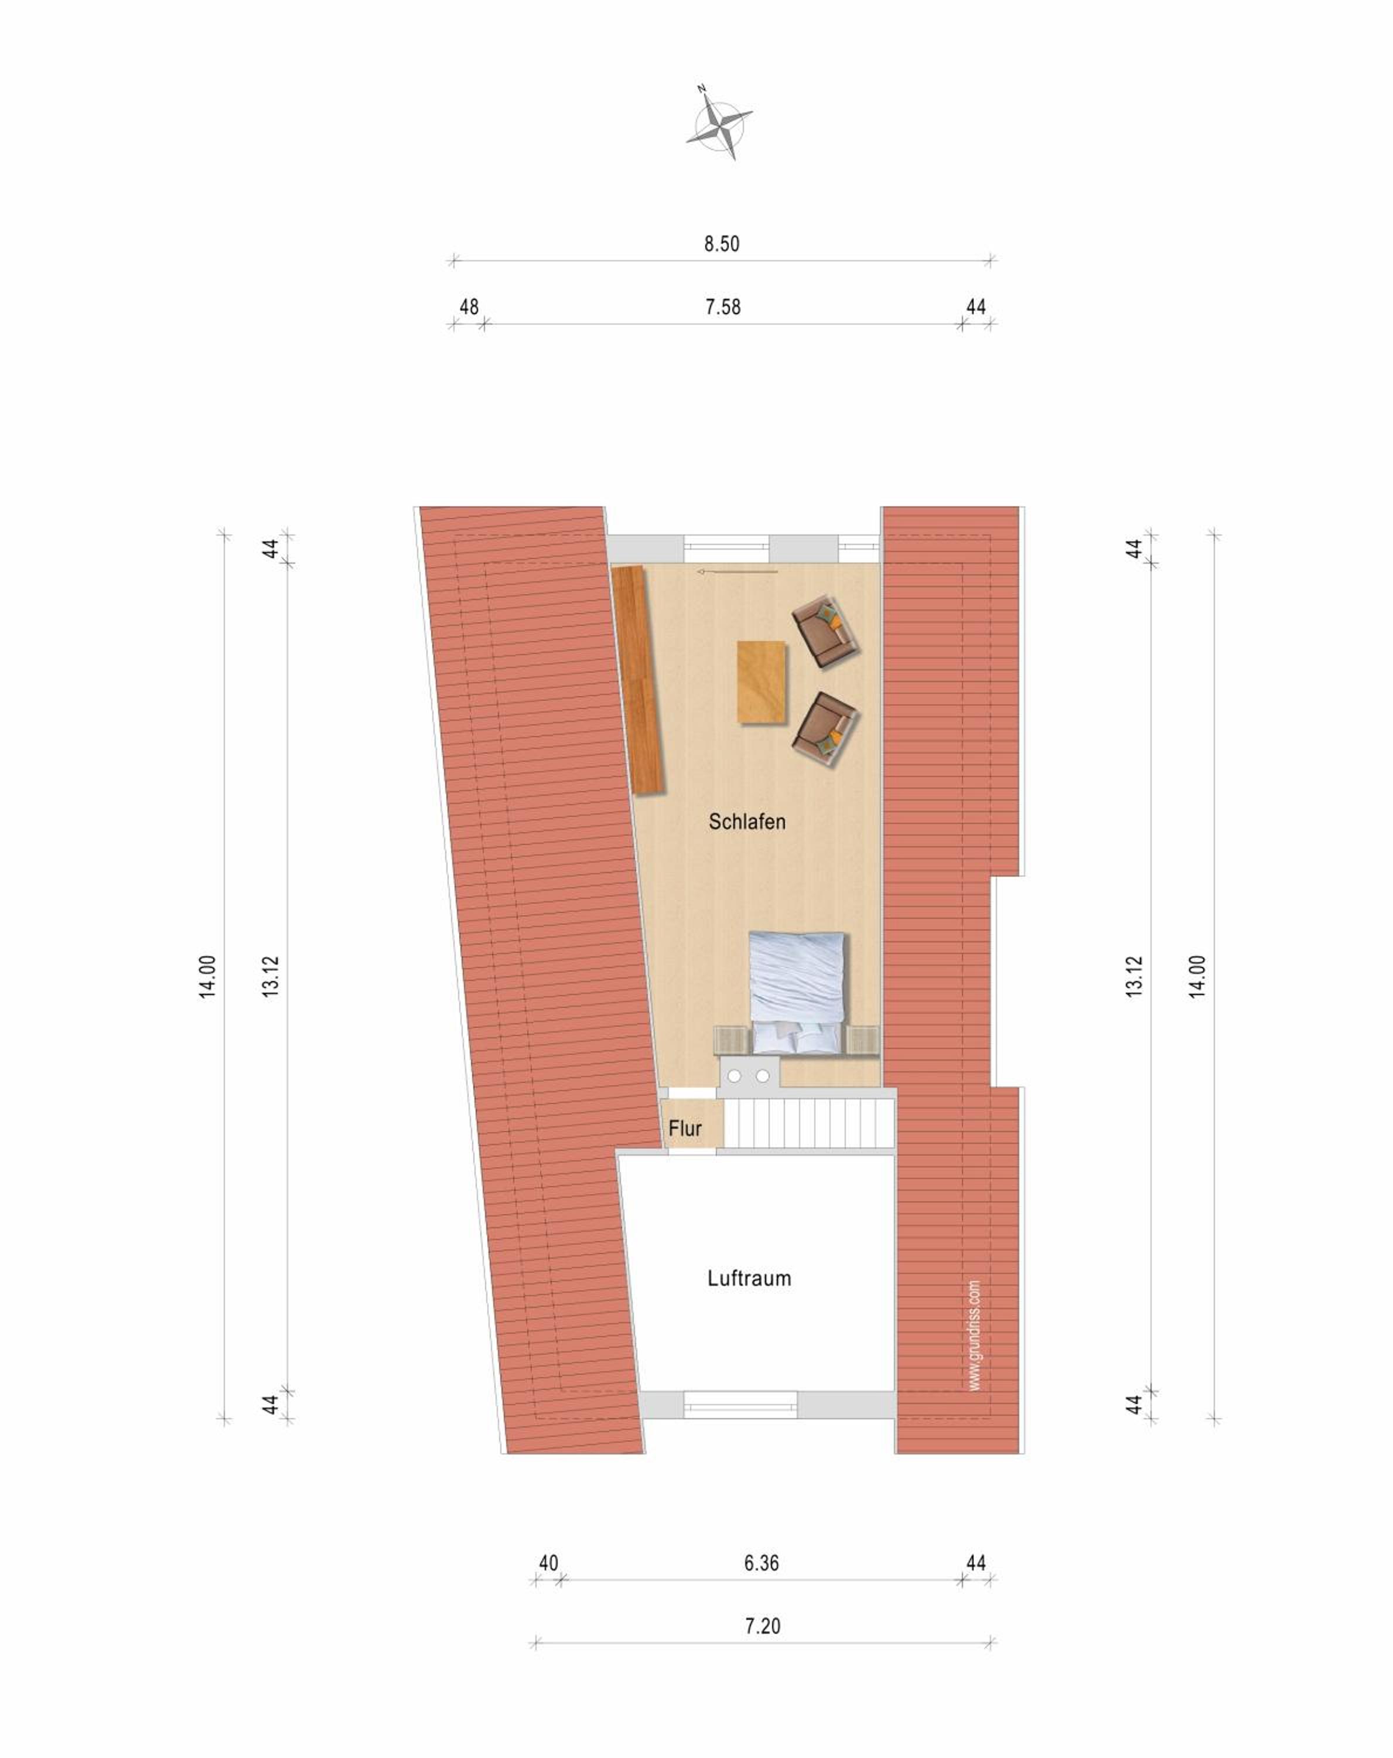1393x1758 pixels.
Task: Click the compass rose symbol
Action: (718, 123)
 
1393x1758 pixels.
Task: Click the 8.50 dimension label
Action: (721, 244)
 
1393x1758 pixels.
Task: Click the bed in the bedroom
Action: (796, 993)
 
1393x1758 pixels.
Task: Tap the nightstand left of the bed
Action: (731, 1040)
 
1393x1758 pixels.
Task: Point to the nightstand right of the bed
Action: (862, 1040)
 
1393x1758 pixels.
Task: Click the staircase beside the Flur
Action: (808, 1123)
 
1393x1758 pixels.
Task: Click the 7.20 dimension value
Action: (762, 1625)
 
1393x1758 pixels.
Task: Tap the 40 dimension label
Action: (548, 1562)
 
